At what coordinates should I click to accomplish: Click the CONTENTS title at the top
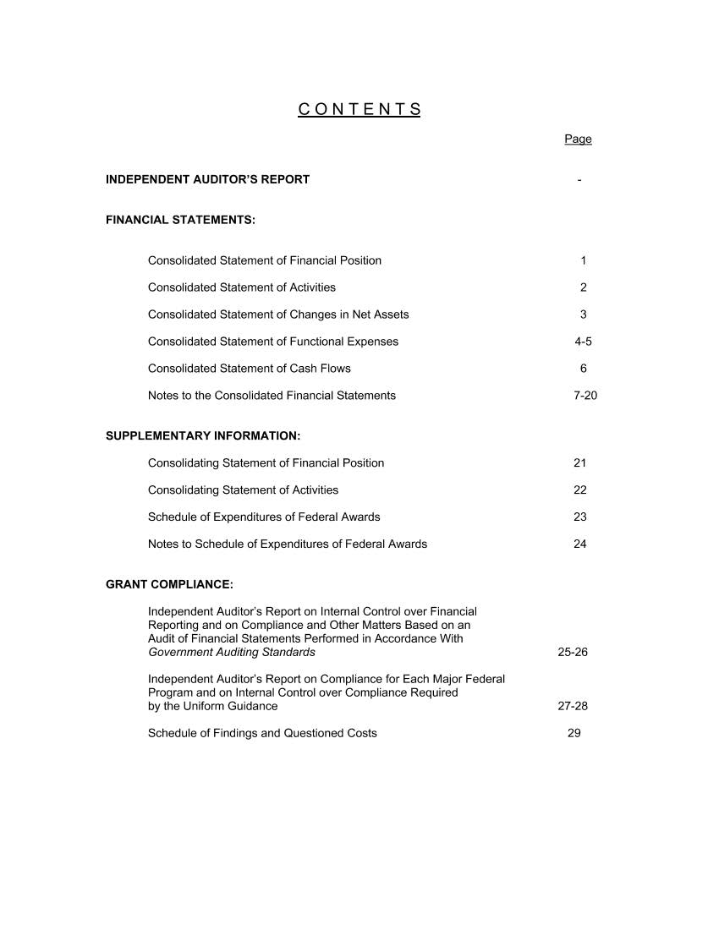(x=359, y=109)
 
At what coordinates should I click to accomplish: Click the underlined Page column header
(x=578, y=139)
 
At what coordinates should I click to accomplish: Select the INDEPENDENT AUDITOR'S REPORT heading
(x=207, y=179)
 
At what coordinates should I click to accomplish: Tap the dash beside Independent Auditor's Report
(x=579, y=179)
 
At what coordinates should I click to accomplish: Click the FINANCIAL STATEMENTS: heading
(x=180, y=220)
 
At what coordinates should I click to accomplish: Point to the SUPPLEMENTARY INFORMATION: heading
(x=203, y=436)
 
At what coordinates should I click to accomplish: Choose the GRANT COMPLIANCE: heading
(x=169, y=584)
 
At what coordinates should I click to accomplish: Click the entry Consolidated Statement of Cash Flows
(x=249, y=369)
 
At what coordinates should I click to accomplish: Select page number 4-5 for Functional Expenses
(x=583, y=342)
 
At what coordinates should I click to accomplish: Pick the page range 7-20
(x=585, y=396)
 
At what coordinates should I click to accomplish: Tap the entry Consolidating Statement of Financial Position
(x=266, y=463)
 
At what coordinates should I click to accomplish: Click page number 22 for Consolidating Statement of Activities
(x=579, y=490)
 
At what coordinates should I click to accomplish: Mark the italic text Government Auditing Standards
(x=231, y=652)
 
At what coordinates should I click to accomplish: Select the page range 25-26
(x=573, y=652)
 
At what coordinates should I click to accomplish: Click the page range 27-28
(x=573, y=706)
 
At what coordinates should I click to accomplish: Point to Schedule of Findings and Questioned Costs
(x=262, y=733)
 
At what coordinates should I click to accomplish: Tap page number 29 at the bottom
(x=574, y=733)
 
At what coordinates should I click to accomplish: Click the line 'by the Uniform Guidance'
(x=212, y=706)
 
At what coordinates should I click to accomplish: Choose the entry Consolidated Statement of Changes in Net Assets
(x=277, y=315)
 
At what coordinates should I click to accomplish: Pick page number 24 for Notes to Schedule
(x=579, y=544)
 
